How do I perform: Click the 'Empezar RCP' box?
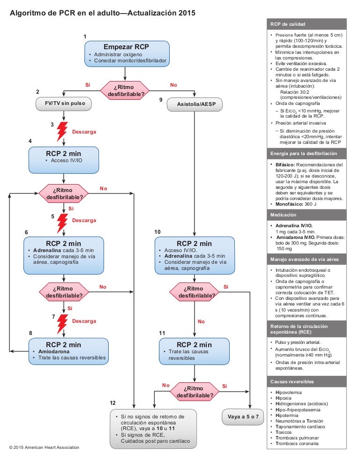click(127, 54)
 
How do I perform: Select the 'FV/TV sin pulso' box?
click(63, 104)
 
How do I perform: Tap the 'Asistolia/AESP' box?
click(195, 104)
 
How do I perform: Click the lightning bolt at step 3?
click(62, 131)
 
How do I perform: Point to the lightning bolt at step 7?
click(62, 324)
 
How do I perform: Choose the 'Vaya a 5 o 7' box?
click(243, 417)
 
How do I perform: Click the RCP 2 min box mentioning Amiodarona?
click(68, 351)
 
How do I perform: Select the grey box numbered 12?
click(153, 429)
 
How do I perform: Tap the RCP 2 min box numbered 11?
click(194, 351)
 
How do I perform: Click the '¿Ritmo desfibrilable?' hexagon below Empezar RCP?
click(125, 90)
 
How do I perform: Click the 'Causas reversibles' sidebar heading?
click(292, 382)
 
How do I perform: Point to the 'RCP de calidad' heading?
click(288, 24)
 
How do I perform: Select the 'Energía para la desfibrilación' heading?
click(303, 153)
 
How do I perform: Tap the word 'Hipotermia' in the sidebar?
click(287, 416)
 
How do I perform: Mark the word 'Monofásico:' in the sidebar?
click(289, 204)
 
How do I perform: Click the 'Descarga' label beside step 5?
click(84, 220)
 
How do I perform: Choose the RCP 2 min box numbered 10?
click(195, 256)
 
